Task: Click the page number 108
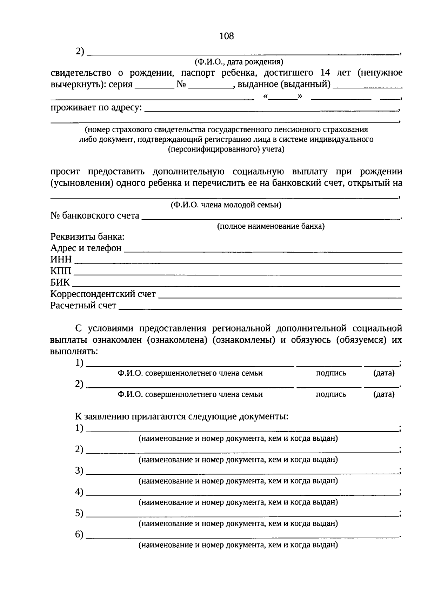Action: coord(226,36)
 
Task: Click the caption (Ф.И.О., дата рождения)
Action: coord(239,62)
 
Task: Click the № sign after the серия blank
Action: coord(181,85)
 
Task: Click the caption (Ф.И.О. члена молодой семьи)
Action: coord(226,205)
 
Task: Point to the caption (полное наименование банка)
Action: coord(271,226)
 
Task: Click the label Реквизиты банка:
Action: coord(87,237)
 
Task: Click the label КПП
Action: coord(61,271)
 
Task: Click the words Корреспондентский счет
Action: coord(103,294)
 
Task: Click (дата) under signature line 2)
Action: coord(384,394)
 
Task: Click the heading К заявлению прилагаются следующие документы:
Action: coord(182,416)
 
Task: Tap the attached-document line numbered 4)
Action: coord(242,494)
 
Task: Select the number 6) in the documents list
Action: coord(79,535)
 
